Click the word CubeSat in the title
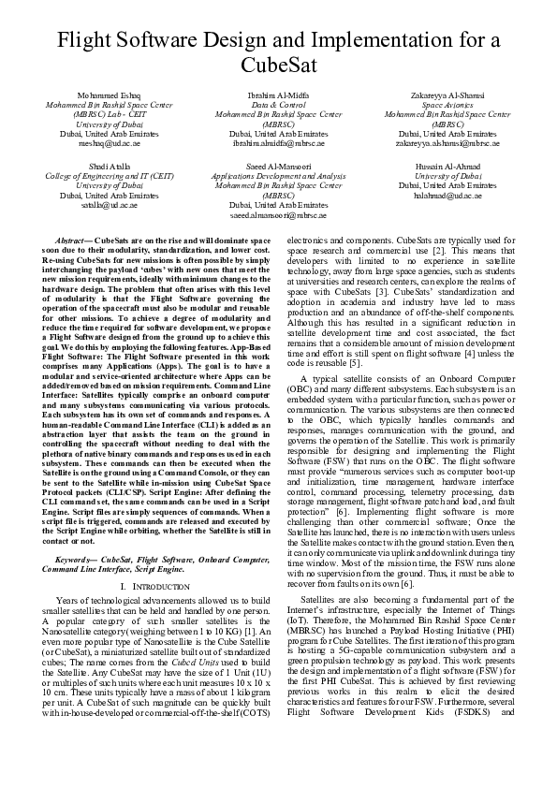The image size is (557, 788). coord(278,66)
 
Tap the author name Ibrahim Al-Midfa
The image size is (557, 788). coord(278,96)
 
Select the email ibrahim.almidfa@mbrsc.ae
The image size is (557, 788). coord(278,144)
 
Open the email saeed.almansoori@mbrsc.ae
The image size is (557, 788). coord(278,214)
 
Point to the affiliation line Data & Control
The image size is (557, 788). coord(278,106)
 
